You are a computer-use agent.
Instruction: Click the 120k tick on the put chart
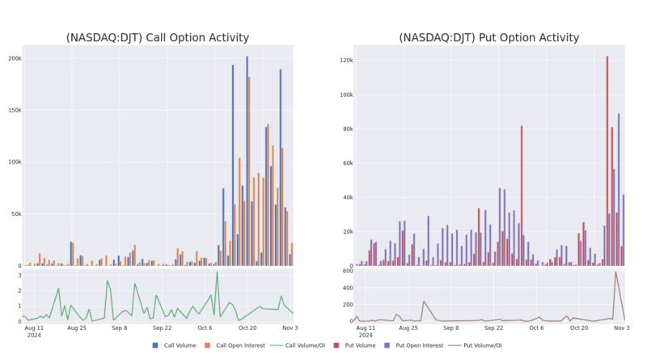tap(345, 61)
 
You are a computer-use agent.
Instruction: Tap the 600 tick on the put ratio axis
tap(345, 271)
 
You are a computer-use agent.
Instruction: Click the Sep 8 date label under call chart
tap(119, 328)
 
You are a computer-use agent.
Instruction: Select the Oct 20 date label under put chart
tap(578, 328)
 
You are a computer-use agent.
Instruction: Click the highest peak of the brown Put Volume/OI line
tap(615, 273)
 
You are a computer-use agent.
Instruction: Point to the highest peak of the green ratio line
tap(217, 273)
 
